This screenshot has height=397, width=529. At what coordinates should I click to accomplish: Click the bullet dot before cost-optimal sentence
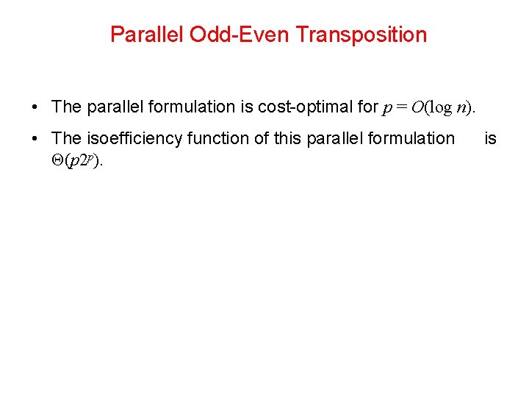[x=35, y=107]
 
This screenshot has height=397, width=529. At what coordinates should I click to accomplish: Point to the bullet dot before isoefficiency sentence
[x=35, y=139]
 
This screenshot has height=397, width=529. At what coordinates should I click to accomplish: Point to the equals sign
[x=401, y=107]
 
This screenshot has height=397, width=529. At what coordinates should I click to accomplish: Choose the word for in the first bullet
[x=367, y=107]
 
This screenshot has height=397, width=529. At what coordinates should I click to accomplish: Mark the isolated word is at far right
[x=491, y=138]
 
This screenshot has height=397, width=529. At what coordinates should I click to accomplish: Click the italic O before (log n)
[x=417, y=107]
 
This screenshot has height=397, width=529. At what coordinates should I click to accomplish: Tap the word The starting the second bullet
[x=67, y=138]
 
